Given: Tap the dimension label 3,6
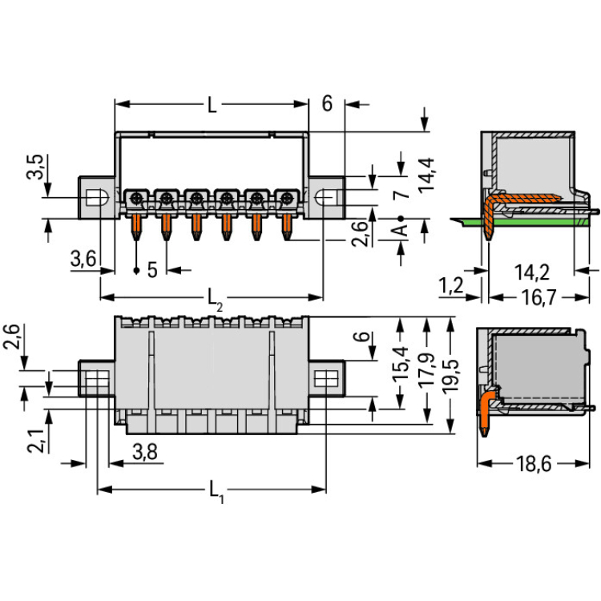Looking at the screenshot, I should click(83, 258).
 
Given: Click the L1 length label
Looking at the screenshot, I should click(216, 494).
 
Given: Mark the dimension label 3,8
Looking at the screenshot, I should click(144, 453).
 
